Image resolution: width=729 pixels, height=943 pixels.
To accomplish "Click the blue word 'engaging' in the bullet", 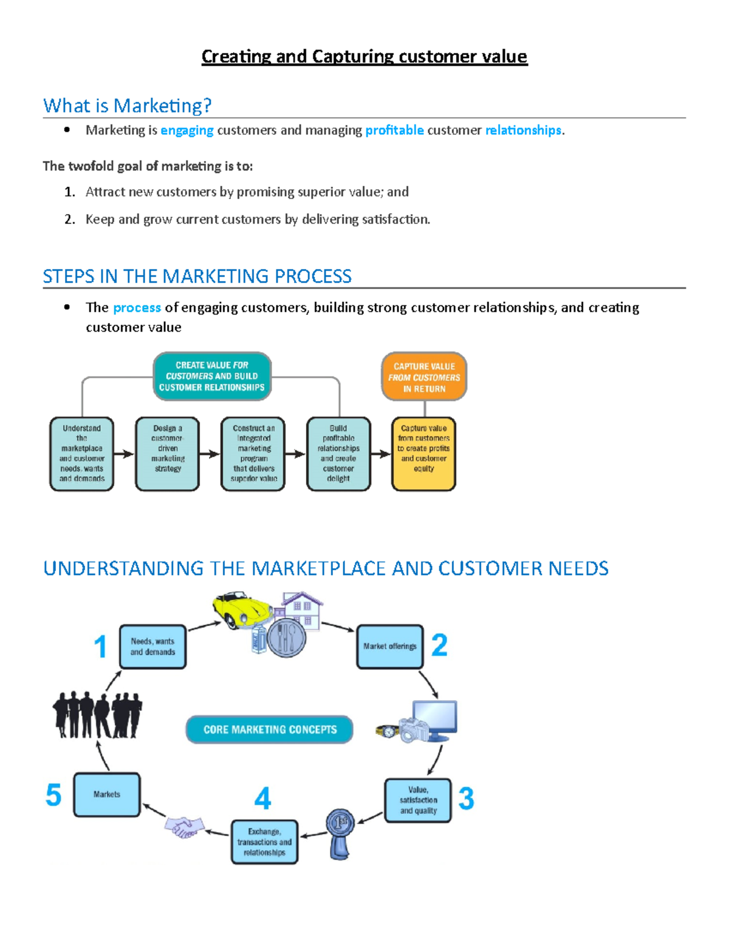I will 187,130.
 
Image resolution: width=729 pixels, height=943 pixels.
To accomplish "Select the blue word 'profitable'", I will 394,130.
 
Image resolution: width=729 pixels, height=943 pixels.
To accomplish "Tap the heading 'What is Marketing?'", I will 128,106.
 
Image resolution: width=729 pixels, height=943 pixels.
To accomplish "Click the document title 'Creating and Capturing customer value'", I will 364,56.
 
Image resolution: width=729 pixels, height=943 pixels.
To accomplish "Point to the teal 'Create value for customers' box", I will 212,376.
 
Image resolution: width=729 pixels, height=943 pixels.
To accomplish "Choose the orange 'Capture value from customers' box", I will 424,377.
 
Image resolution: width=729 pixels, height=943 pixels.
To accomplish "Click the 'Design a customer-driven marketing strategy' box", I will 168,453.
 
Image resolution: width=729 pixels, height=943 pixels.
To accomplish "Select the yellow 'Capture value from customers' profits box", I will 424,453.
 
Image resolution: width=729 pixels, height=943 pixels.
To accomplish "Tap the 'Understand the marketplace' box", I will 82,453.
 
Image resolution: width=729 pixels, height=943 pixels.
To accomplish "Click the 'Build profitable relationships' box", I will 338,453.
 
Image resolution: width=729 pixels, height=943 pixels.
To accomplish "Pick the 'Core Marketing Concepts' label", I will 270,729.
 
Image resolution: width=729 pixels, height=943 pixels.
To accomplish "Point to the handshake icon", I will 185,826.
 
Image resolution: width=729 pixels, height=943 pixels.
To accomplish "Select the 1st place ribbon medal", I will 340,832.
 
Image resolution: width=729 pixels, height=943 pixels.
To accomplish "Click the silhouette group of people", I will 97,715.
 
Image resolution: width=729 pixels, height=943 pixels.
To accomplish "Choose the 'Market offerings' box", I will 390,647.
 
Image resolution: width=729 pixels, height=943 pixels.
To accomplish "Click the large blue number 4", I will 262,798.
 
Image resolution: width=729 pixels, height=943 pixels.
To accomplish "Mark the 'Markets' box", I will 107,794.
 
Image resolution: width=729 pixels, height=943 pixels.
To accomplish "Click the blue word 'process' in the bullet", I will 137,307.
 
